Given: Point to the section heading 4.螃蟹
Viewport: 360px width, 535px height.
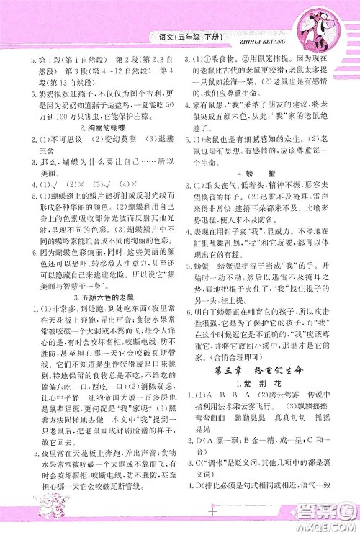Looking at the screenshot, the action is (267, 171).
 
